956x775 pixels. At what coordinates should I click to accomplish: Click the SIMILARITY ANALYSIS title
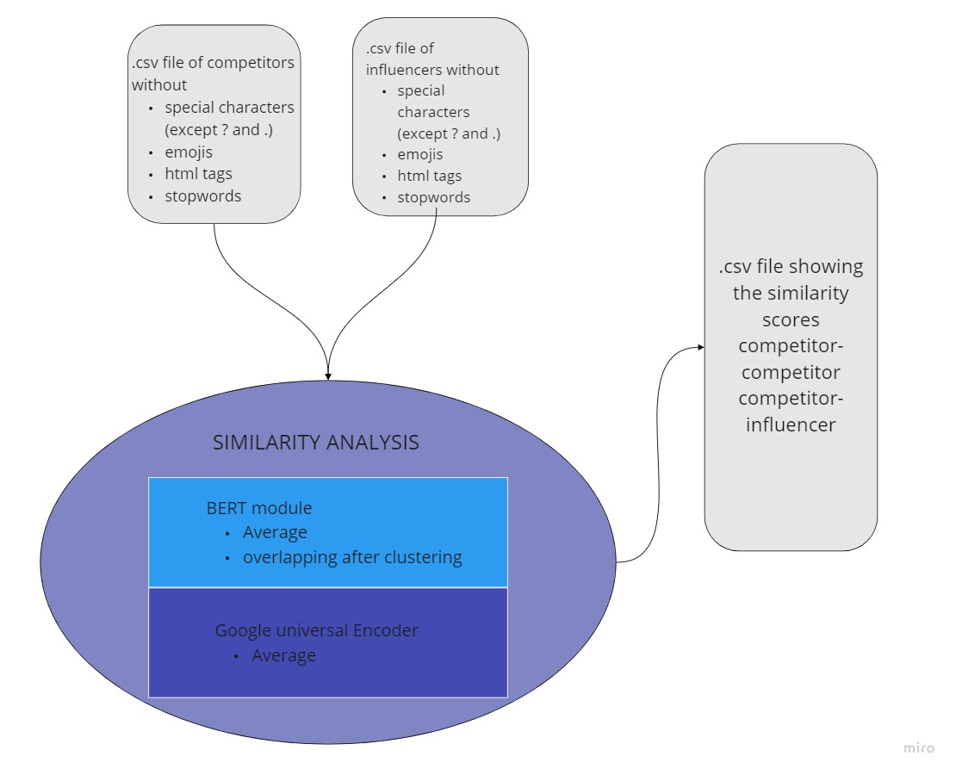coord(315,443)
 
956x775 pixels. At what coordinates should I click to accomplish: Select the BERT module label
coord(258,507)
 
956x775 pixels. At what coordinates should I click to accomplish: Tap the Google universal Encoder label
coord(316,630)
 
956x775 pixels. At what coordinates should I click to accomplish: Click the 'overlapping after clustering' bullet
coord(351,557)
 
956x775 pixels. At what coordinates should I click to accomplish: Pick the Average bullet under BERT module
coord(274,532)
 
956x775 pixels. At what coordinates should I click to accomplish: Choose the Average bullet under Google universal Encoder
coord(283,655)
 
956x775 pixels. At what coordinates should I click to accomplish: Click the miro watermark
coord(918,747)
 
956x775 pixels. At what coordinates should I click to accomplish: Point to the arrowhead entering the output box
coord(700,347)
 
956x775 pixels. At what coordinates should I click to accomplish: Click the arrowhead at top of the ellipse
coord(328,375)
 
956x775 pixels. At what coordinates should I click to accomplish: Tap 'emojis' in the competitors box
coord(189,152)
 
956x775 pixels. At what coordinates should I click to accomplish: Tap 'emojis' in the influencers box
coord(419,155)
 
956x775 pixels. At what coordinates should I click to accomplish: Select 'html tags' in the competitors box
coord(198,174)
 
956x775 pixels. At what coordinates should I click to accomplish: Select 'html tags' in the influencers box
coord(429,176)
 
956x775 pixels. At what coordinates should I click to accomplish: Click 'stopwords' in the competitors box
coord(202,195)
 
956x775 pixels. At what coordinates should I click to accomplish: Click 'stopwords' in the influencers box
coord(433,197)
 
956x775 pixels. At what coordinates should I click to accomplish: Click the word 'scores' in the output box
coord(790,319)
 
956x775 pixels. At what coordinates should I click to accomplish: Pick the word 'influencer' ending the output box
coord(790,425)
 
